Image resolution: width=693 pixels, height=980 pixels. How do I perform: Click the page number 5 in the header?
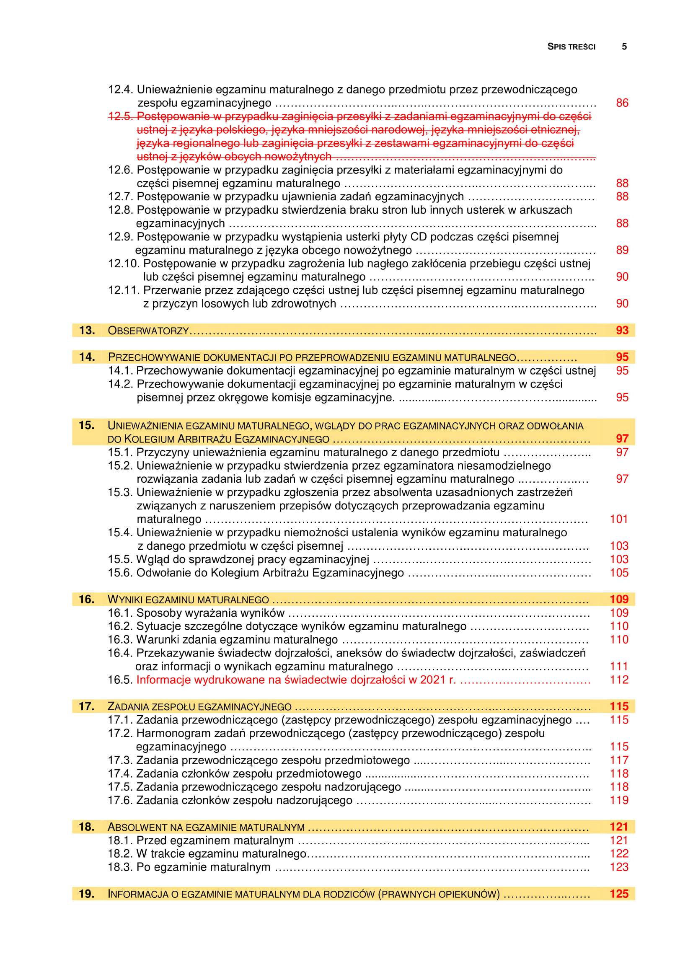coord(624,47)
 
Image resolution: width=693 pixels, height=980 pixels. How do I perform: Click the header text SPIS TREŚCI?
coord(571,47)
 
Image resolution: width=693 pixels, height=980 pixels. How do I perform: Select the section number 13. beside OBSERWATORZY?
coord(87,330)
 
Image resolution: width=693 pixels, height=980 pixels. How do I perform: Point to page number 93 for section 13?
coord(622,330)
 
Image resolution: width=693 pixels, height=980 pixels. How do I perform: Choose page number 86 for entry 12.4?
coord(622,103)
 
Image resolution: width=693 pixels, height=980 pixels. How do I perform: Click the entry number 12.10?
coord(123,264)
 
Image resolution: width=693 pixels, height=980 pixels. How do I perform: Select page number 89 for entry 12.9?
coord(622,250)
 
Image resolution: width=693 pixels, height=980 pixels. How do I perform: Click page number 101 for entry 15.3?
coord(619,519)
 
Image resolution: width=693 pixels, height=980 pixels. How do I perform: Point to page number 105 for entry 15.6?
coord(619,573)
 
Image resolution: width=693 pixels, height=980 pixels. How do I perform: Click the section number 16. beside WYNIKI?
coord(87,599)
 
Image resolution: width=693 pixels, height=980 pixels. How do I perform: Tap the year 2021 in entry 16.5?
coord(433,680)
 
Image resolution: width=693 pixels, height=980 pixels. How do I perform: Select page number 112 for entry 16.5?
coord(619,680)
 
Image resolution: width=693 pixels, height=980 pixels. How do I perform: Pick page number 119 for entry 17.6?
coord(619,800)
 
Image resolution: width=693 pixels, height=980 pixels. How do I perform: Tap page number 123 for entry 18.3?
coord(619,867)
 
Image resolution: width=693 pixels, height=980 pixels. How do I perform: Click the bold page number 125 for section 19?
coord(619,894)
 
